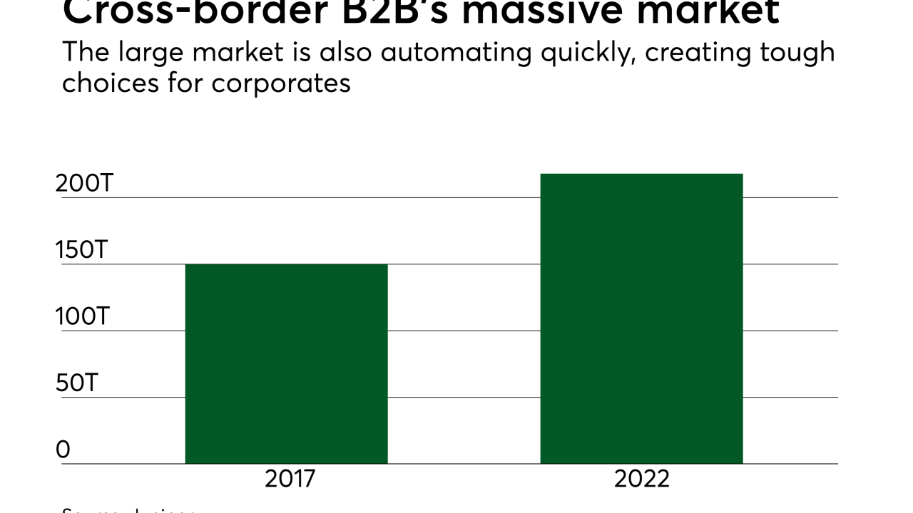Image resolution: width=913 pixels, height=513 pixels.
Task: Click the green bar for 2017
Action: pos(286,363)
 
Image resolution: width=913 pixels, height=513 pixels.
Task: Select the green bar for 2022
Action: pos(641,318)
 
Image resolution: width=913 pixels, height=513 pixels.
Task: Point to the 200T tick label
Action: pos(84,183)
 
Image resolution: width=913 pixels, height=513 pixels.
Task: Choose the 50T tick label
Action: pos(76,383)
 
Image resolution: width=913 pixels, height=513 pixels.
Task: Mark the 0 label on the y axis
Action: pos(63,450)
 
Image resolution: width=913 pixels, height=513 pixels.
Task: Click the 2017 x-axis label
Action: pos(290,479)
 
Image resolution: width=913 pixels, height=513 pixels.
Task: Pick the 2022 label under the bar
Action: pos(642,479)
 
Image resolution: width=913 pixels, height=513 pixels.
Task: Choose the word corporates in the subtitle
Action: pos(281,84)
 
